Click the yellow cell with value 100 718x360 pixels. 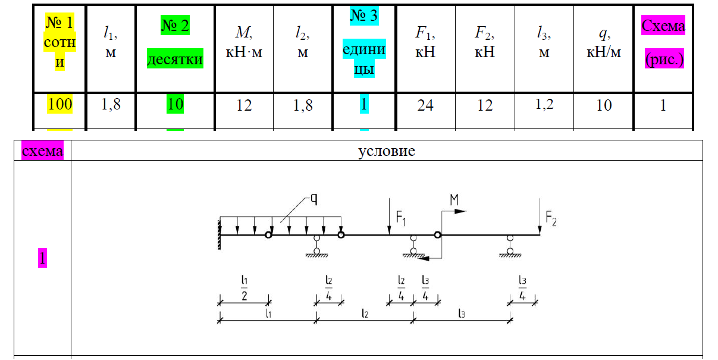pyautogui.click(x=60, y=105)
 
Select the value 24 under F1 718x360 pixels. pyautogui.click(x=425, y=105)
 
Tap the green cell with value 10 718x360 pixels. pyautogui.click(x=175, y=105)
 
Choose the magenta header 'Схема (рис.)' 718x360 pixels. pyautogui.click(x=663, y=43)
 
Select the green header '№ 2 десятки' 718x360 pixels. pyautogui.click(x=175, y=42)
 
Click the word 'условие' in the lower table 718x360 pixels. pyautogui.click(x=387, y=151)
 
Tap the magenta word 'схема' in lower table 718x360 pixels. pyautogui.click(x=42, y=151)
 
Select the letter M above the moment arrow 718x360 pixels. pyautogui.click(x=454, y=201)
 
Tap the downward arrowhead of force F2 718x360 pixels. pyautogui.click(x=539, y=229)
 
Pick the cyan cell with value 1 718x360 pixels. pyautogui.click(x=364, y=105)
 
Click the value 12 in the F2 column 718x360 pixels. pyautogui.click(x=485, y=105)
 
